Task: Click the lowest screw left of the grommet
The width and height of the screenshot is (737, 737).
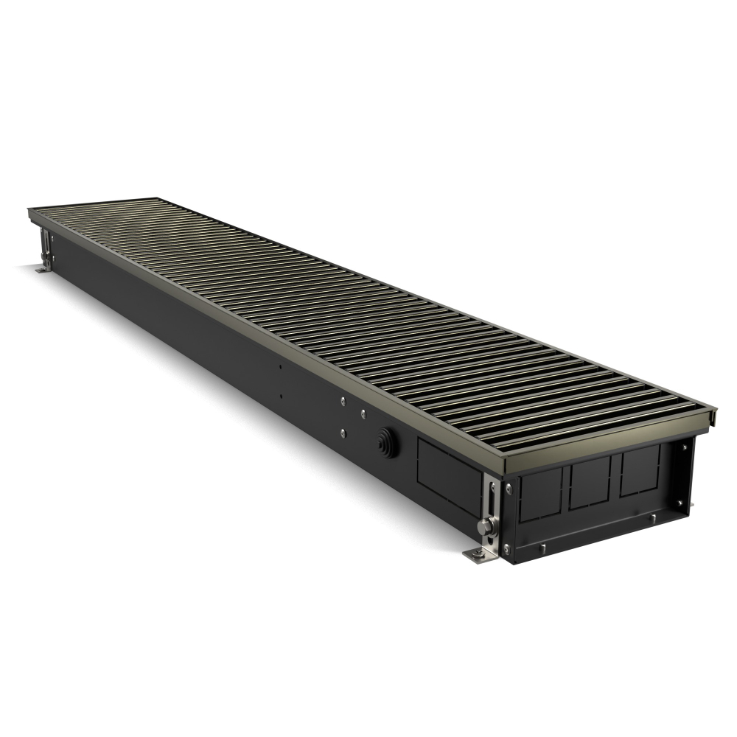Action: [343, 432]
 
